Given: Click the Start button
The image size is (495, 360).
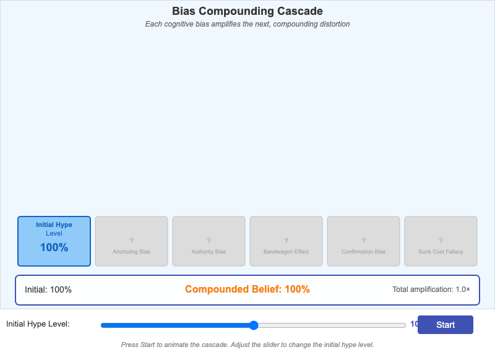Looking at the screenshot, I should pos(445,325).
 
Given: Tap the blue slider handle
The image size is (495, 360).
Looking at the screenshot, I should pos(253,325).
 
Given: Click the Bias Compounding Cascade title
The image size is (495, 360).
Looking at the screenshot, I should pos(247,11).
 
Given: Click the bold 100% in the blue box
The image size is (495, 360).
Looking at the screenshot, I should pos(54,247).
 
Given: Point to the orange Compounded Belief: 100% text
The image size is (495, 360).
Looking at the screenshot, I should pos(247,289).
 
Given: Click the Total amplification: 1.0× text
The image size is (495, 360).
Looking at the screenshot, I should pos(431,289).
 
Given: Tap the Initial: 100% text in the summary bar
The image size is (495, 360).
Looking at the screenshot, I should pos(48,289).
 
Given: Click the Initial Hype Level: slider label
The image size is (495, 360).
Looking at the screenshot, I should pos(38,324).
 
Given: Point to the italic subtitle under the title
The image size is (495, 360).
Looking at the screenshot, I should pos(247,24).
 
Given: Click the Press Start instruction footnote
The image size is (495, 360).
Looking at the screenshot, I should pos(247,345).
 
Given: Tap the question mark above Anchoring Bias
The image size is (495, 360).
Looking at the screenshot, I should pos(131,241).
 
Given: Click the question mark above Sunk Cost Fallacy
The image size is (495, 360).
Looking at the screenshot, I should pos(441,241).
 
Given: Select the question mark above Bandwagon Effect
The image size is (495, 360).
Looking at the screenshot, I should pos(286,241).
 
